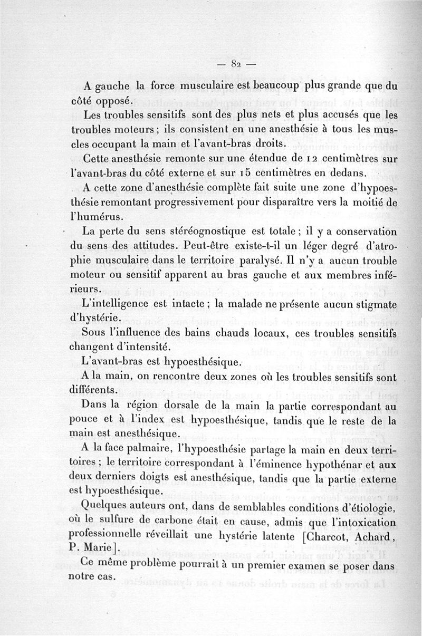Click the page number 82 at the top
pos(236,65)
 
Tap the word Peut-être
pos(208,246)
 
